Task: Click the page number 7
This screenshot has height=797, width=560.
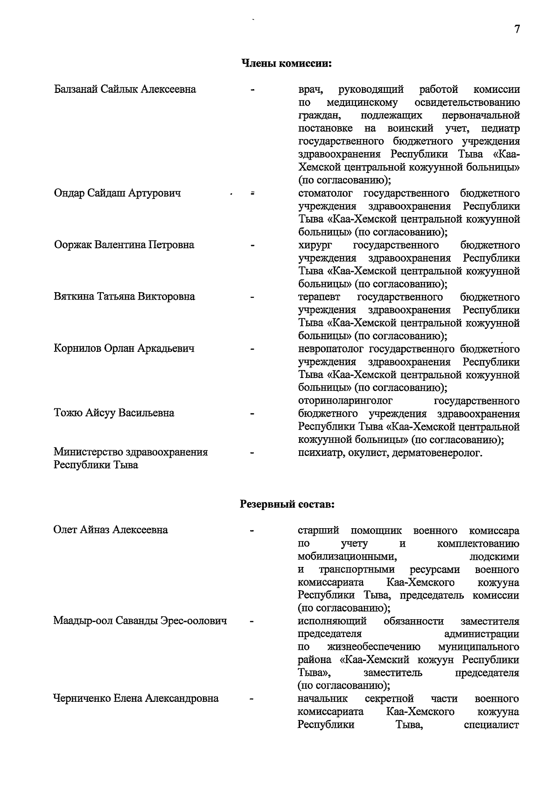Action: coord(517,29)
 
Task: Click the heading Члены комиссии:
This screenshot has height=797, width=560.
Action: coord(286,63)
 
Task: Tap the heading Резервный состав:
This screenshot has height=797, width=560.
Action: coord(287,504)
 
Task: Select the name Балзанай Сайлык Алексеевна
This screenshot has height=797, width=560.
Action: coord(125,89)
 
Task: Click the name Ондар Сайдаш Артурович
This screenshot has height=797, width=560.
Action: coord(117,193)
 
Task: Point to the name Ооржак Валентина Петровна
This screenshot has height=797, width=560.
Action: coord(124,245)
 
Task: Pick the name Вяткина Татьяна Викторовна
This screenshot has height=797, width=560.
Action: coord(124,297)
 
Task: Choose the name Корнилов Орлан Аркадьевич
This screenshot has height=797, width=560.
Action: coord(124,349)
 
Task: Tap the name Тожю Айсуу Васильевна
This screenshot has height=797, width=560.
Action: coord(114,413)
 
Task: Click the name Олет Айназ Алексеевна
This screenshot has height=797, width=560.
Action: coord(111,530)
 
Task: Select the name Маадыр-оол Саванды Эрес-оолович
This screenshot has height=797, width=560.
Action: coord(140,621)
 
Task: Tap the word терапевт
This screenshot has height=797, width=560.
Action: coord(319,297)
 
